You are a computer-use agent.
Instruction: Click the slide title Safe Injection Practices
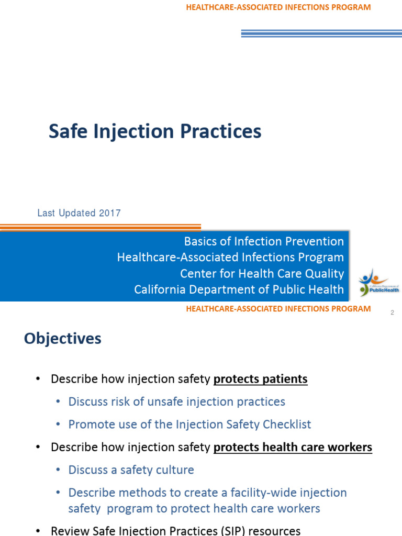tap(155, 131)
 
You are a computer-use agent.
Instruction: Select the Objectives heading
tap(62, 339)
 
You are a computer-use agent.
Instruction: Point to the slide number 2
tap(392, 312)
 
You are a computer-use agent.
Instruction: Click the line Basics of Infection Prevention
tap(264, 241)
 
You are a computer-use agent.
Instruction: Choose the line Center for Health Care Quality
tap(262, 274)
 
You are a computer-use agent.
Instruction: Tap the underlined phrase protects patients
tap(260, 379)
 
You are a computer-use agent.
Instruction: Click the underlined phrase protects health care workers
tap(293, 447)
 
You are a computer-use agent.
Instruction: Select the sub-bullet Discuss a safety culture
tap(131, 470)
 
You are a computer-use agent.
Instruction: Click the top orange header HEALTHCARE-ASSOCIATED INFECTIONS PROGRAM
tap(278, 7)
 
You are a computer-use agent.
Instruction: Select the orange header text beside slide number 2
tap(278, 309)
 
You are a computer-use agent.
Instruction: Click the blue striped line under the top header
tap(321, 33)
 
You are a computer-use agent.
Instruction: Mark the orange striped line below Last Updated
tap(100, 228)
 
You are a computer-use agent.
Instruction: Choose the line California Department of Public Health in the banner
tap(239, 289)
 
